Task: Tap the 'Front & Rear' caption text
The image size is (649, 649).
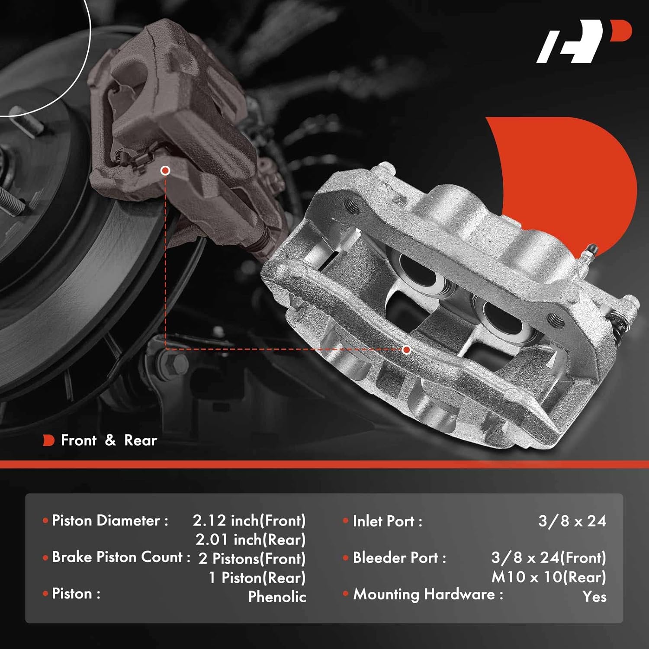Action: pos(109,440)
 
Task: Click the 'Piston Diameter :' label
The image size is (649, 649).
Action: pos(110,520)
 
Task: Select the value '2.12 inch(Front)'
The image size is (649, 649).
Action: pos(249,520)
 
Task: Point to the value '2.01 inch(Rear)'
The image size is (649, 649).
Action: pos(251,540)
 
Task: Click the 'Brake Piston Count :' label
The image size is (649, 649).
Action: pos(121,557)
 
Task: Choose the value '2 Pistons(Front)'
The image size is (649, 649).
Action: pos(252,559)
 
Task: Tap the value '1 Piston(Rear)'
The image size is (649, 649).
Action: pos(257,578)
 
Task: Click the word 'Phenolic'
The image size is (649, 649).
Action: pos(277,597)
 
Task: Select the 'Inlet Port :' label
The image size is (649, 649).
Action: pos(387,521)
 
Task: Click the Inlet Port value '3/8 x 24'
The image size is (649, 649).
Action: pos(572,521)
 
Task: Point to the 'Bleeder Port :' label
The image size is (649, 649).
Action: pos(399,558)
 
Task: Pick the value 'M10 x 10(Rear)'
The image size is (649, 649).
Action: pos(549,577)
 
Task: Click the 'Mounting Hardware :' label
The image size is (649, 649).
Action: pos(428,594)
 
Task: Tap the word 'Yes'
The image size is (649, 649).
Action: pos(594,597)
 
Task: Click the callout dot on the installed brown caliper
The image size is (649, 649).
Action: pos(165,170)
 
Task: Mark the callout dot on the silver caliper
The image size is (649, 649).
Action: pos(406,350)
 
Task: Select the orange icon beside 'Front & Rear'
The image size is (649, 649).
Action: pos(48,440)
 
